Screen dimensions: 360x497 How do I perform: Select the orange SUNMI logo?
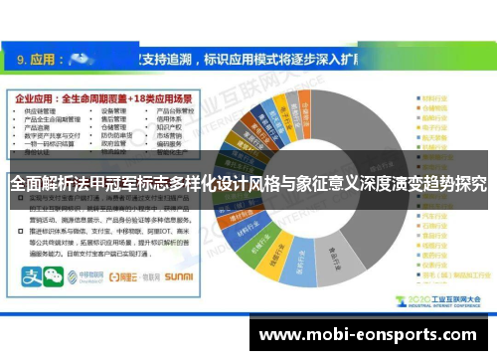tap(179, 275)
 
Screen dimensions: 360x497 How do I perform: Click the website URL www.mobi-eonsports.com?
tap(371, 335)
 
